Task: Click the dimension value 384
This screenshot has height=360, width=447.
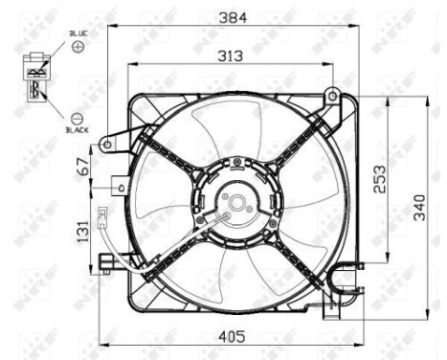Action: pyautogui.click(x=229, y=16)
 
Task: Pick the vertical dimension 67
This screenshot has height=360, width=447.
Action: pyautogui.click(x=83, y=167)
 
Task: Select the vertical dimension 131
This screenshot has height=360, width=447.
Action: pyautogui.click(x=83, y=232)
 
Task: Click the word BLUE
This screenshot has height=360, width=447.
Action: pyautogui.click(x=78, y=34)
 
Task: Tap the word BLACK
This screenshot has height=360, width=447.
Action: pyautogui.click(x=77, y=128)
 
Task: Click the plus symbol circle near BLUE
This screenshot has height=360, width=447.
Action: pyautogui.click(x=78, y=46)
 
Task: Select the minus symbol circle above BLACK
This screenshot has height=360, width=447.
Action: pyautogui.click(x=78, y=116)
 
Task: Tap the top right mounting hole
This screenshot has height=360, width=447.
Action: pyautogui.click(x=331, y=96)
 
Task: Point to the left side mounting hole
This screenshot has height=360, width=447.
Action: pyautogui.click(x=108, y=145)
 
